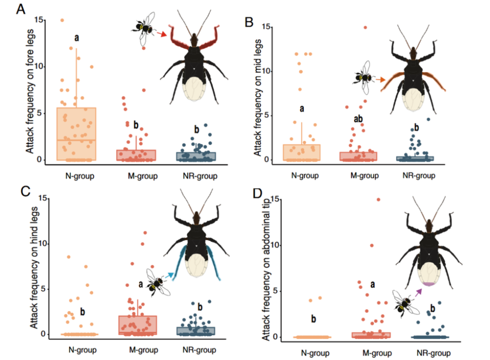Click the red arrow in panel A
(161, 35)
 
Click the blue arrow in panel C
(170, 276)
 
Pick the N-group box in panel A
(77, 134)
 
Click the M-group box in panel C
(137, 325)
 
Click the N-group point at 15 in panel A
(62, 20)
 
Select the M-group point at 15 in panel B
(365, 28)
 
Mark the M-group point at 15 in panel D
(378, 200)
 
